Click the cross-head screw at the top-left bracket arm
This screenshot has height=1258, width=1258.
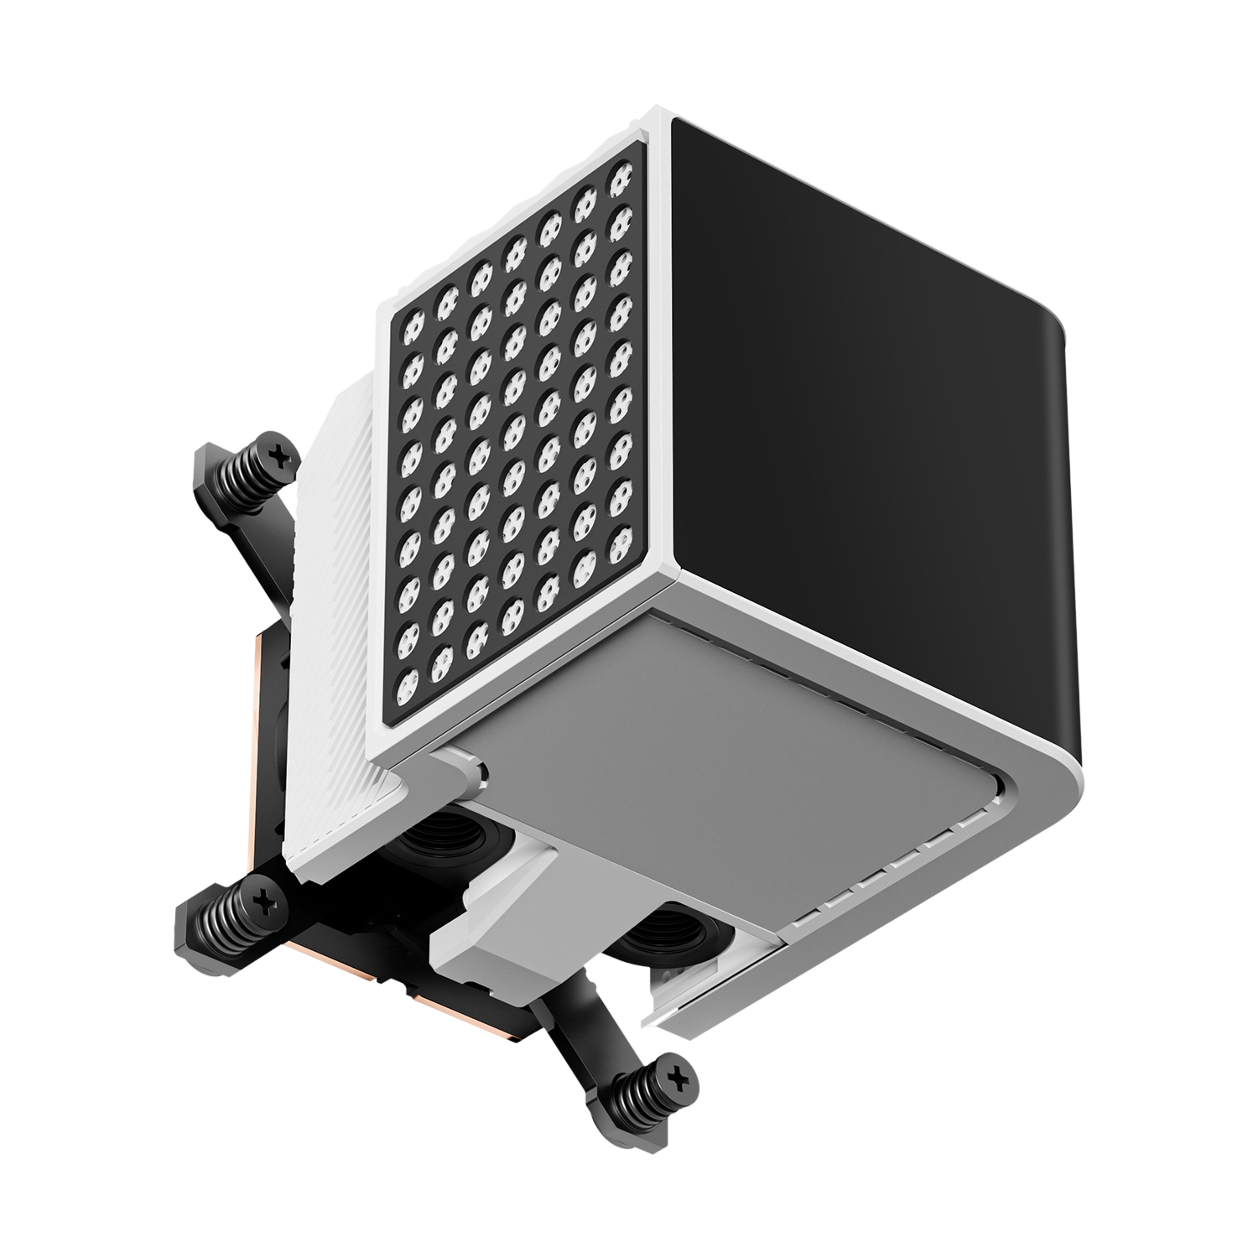(280, 454)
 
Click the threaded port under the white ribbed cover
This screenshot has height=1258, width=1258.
(424, 840)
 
